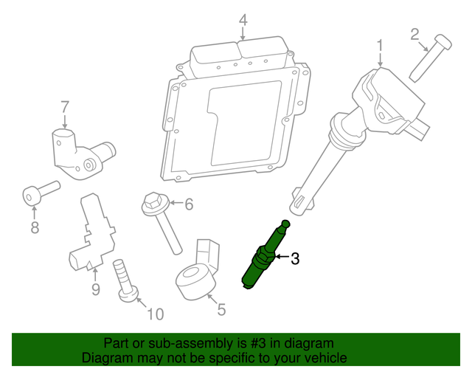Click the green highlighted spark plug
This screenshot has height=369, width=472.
(x=265, y=255)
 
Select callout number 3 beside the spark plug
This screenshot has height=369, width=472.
(x=295, y=258)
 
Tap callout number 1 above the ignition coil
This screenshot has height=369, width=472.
(x=381, y=46)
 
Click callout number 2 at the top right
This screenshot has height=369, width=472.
(x=414, y=33)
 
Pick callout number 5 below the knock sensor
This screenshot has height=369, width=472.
(x=221, y=310)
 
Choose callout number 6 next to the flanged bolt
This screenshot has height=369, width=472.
(x=188, y=204)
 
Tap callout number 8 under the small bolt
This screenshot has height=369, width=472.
(x=35, y=228)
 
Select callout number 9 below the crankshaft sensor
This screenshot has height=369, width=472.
(x=94, y=289)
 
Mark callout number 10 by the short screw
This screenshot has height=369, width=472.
(x=154, y=315)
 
